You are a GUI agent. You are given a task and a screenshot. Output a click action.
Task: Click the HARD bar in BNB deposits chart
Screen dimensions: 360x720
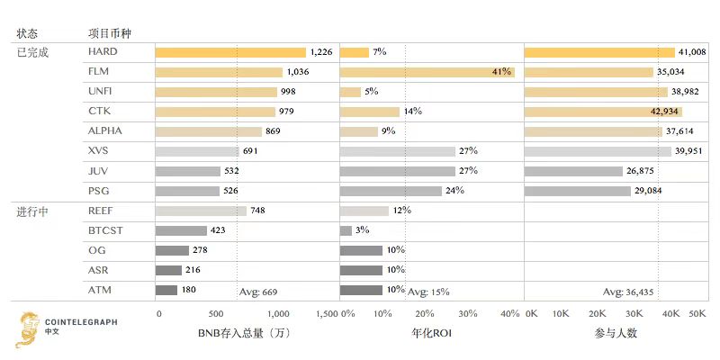coord(230,52)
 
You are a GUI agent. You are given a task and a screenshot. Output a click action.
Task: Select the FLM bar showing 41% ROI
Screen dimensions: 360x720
coord(427,72)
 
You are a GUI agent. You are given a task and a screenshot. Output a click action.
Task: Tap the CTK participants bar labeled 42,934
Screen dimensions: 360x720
coord(603,112)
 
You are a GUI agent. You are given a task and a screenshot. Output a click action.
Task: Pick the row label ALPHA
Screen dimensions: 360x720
coord(105,130)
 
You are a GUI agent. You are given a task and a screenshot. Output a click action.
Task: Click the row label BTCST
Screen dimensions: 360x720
coord(105,230)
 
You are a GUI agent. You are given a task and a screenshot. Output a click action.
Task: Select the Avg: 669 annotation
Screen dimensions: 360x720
coord(257,292)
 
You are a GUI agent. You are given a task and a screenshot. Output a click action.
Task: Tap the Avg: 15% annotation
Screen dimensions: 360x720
coord(428,292)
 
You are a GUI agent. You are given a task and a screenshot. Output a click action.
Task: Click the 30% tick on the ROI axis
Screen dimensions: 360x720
coord(468,313)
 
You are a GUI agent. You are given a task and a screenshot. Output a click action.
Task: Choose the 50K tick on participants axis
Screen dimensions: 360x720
coord(697,313)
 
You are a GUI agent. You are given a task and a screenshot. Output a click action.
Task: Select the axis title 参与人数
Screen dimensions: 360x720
coord(616,333)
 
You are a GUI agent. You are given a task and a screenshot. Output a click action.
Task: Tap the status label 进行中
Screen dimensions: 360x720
coord(32,211)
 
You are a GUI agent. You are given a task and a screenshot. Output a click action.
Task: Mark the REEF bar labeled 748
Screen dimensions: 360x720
coord(201,211)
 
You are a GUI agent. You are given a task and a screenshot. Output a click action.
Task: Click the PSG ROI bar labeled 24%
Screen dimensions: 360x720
coord(391,191)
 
